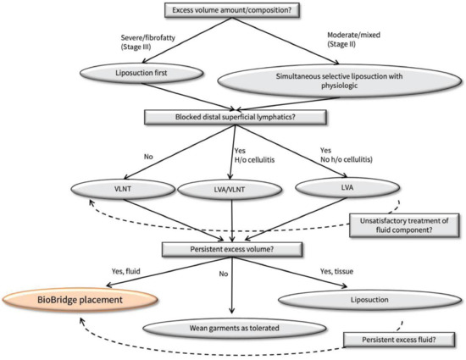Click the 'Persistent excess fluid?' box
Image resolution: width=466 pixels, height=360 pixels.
tap(401, 339)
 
